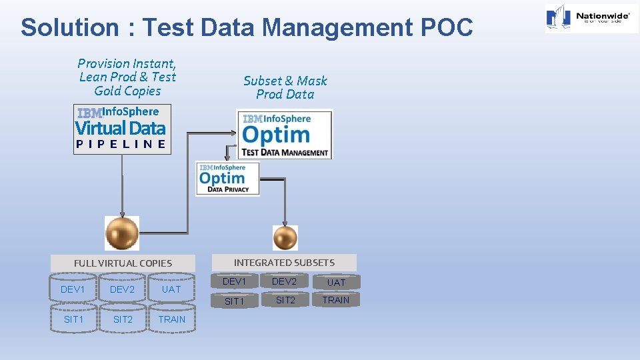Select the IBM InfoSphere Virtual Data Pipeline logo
pyautogui.click(x=122, y=129)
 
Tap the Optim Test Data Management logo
pyautogui.click(x=285, y=135)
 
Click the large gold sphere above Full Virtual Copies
pyautogui.click(x=122, y=233)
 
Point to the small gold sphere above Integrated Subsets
pyautogui.click(x=285, y=237)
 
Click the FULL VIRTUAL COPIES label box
pyautogui.click(x=123, y=263)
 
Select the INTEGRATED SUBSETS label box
pyautogui.click(x=284, y=263)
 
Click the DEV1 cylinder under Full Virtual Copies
pyautogui.click(x=73, y=289)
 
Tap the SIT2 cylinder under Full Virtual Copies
pyautogui.click(x=123, y=319)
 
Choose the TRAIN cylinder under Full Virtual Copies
pyautogui.click(x=171, y=319)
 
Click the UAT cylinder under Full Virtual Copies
pyautogui.click(x=171, y=289)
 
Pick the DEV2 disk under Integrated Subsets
pyautogui.click(x=285, y=282)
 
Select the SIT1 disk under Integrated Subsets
pyautogui.click(x=234, y=301)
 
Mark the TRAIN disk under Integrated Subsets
pyautogui.click(x=336, y=300)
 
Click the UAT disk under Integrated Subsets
pyautogui.click(x=336, y=283)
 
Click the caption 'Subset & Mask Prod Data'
pyautogui.click(x=285, y=87)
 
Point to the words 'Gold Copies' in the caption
pyautogui.click(x=127, y=91)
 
